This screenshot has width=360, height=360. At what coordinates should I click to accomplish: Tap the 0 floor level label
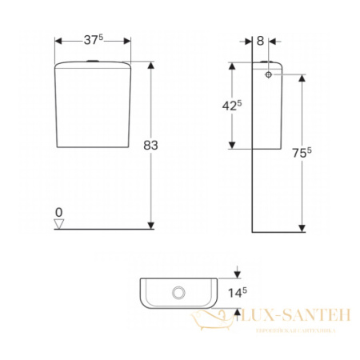coord(58,212)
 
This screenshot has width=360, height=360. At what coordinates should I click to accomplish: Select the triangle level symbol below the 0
coord(58,224)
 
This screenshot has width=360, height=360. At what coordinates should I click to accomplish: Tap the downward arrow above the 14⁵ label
coord(236,274)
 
